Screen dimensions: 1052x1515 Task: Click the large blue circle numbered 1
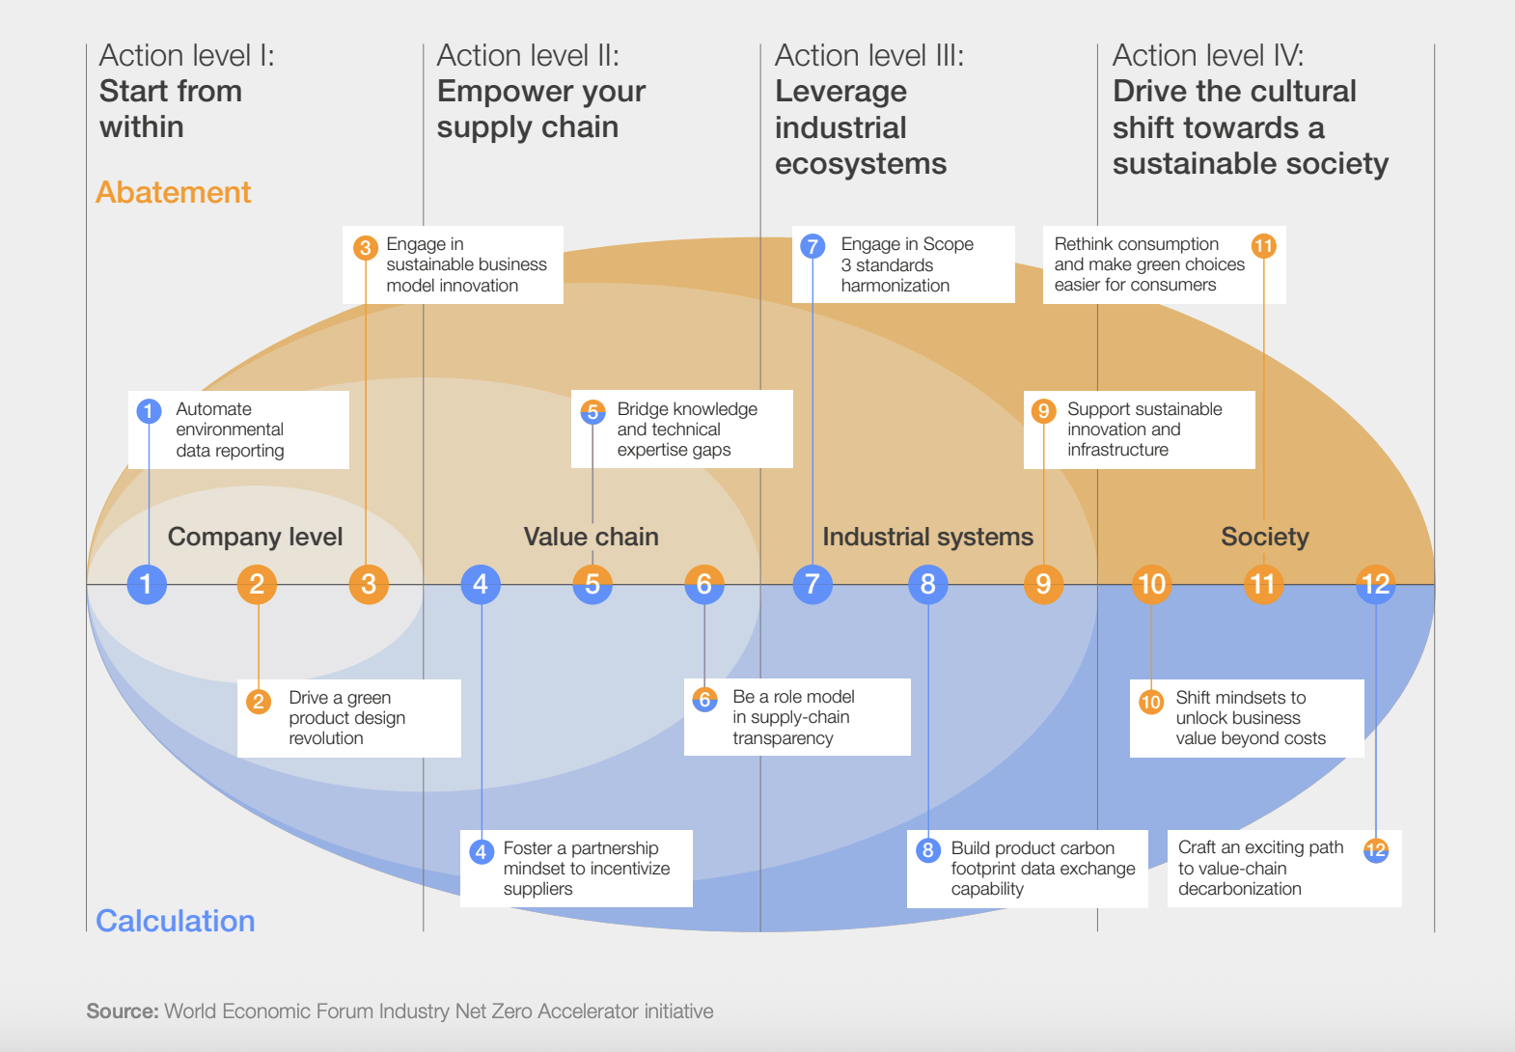coord(147,584)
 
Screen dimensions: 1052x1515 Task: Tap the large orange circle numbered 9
coord(1043,584)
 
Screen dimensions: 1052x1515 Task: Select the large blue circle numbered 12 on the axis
coord(1375,584)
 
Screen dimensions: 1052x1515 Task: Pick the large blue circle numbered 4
coord(481,584)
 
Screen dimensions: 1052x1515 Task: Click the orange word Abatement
coord(174,192)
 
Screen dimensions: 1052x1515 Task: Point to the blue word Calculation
coord(176,921)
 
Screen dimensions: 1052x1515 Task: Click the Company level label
coord(255,537)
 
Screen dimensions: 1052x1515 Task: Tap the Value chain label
coord(591,537)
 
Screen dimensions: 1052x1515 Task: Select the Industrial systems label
coord(927,537)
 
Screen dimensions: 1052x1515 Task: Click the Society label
coord(1264,537)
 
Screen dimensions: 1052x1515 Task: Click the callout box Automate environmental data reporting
coord(238,429)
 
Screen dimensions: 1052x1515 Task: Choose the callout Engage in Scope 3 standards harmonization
coord(903,264)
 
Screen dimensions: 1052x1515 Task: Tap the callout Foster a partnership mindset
coord(576,869)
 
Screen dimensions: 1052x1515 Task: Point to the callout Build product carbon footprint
coord(1027,869)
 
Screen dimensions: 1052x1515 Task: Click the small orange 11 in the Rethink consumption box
coord(1263,246)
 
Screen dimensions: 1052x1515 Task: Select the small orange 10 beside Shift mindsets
coord(1150,702)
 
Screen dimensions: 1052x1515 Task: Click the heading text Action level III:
coord(868,56)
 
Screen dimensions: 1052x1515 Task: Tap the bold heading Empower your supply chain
coord(540,109)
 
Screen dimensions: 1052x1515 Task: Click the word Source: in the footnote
coord(122,1011)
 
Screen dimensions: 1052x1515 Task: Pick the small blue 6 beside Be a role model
coord(704,700)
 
